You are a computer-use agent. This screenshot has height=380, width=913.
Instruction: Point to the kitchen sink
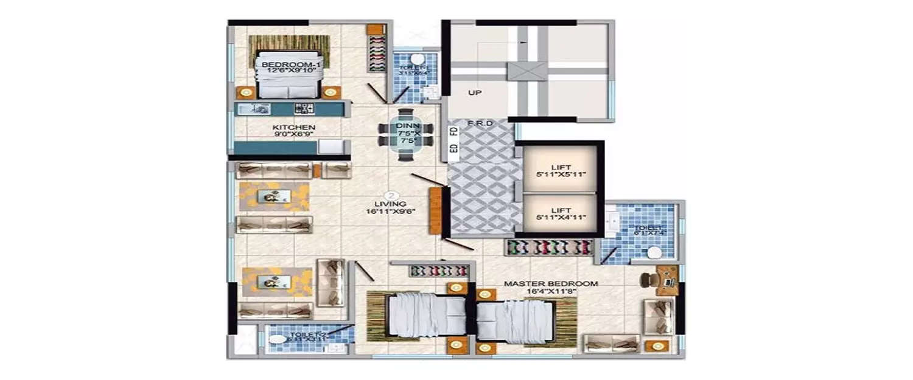(255, 109)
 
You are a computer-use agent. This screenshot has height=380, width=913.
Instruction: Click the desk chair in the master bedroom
(647, 278)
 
